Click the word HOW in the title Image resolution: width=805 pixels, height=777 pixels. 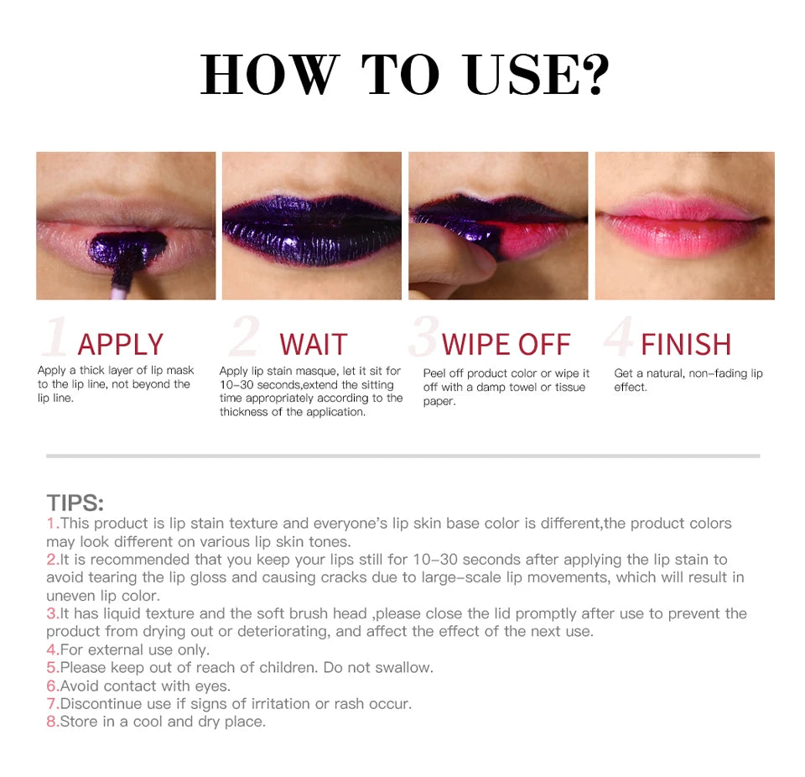tap(267, 76)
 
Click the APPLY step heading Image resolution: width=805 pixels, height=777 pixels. tap(120, 344)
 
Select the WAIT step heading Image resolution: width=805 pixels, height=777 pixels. tap(313, 344)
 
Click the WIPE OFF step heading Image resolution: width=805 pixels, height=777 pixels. tap(506, 344)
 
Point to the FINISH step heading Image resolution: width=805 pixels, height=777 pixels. tap(686, 344)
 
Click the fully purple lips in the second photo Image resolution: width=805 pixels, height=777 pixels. tap(311, 231)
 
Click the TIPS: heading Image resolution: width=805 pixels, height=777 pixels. tap(75, 503)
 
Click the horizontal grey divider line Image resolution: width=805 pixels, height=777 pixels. tap(402, 456)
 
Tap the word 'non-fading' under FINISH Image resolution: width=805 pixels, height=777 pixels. tap(718, 373)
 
